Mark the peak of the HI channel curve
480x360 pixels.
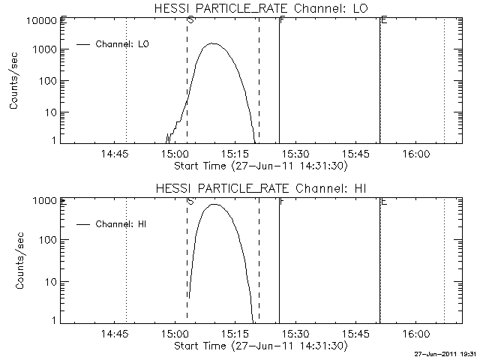click(214, 204)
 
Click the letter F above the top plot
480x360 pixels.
click(281, 19)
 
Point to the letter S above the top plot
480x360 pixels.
click(190, 19)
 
